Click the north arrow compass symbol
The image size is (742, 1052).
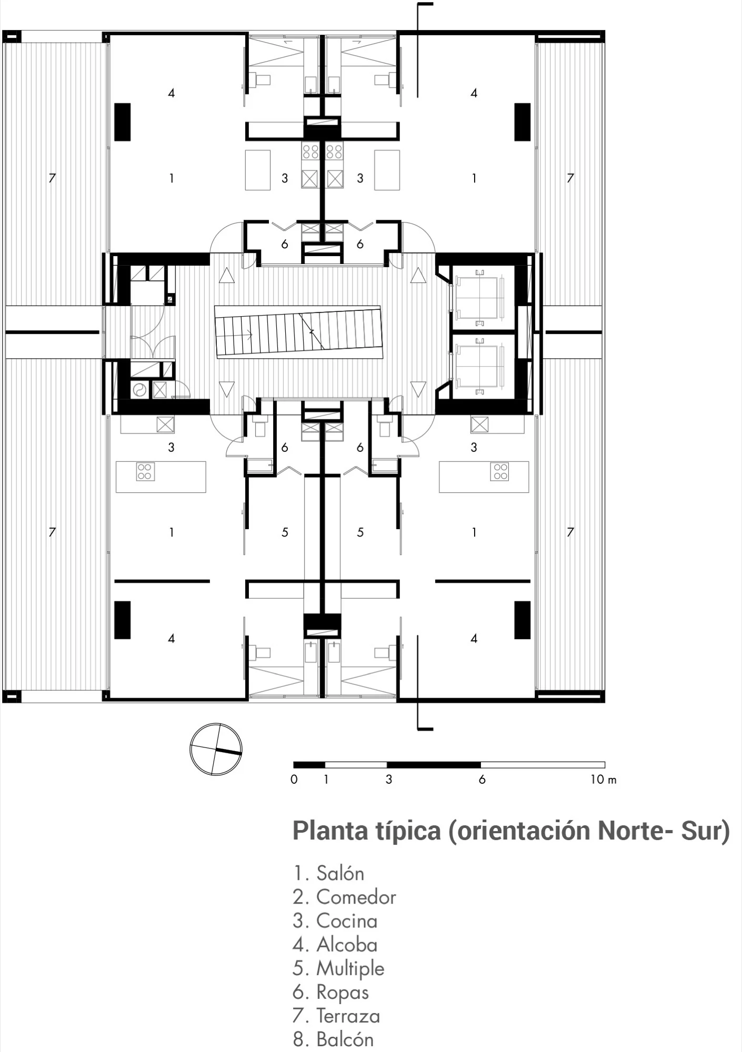[x=216, y=749]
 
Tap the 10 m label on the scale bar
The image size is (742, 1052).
[x=603, y=780]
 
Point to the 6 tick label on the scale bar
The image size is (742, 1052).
[x=482, y=780]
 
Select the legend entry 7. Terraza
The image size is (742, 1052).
[x=336, y=1015]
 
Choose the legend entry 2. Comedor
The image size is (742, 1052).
[x=344, y=897]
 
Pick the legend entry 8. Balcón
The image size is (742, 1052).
[x=333, y=1039]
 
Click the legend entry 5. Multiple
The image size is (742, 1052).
[x=338, y=968]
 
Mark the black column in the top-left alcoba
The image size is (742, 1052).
[x=123, y=122]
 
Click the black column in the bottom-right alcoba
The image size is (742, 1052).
[x=523, y=620]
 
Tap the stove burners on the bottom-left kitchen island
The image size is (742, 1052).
[x=145, y=471]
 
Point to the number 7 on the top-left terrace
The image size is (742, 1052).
[x=52, y=178]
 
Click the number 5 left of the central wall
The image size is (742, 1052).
[x=285, y=532]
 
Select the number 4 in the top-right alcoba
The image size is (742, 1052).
[x=474, y=93]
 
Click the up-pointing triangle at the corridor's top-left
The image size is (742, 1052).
[x=227, y=275]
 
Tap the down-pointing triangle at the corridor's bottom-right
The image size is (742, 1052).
[x=418, y=389]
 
